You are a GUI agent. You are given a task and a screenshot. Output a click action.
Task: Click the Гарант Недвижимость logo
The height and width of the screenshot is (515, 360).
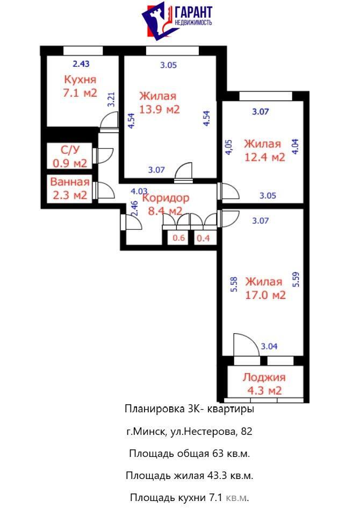tap(177, 22)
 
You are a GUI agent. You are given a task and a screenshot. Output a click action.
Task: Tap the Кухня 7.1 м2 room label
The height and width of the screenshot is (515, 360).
tap(80, 87)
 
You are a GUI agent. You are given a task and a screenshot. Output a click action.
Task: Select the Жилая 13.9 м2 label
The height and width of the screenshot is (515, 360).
tap(159, 103)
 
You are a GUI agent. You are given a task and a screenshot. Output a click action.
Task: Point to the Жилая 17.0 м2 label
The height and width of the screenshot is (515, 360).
tap(264, 289)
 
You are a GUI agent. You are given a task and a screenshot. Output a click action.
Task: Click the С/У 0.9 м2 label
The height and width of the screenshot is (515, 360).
tap(70, 156)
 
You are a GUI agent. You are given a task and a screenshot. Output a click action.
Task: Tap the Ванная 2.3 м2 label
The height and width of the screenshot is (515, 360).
tap(70, 189)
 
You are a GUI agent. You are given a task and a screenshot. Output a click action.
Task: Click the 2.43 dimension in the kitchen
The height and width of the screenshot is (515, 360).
tap(81, 64)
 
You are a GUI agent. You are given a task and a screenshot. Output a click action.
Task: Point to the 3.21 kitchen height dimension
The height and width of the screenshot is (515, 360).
tap(111, 101)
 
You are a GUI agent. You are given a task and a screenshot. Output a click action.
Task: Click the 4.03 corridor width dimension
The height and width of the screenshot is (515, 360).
tap(139, 191)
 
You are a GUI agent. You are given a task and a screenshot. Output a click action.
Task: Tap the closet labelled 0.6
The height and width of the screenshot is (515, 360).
tap(178, 238)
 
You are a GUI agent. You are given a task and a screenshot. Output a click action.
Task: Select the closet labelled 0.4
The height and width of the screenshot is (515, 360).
tap(203, 238)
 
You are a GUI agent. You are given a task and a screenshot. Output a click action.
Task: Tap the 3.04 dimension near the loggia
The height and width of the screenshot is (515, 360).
tap(269, 347)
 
